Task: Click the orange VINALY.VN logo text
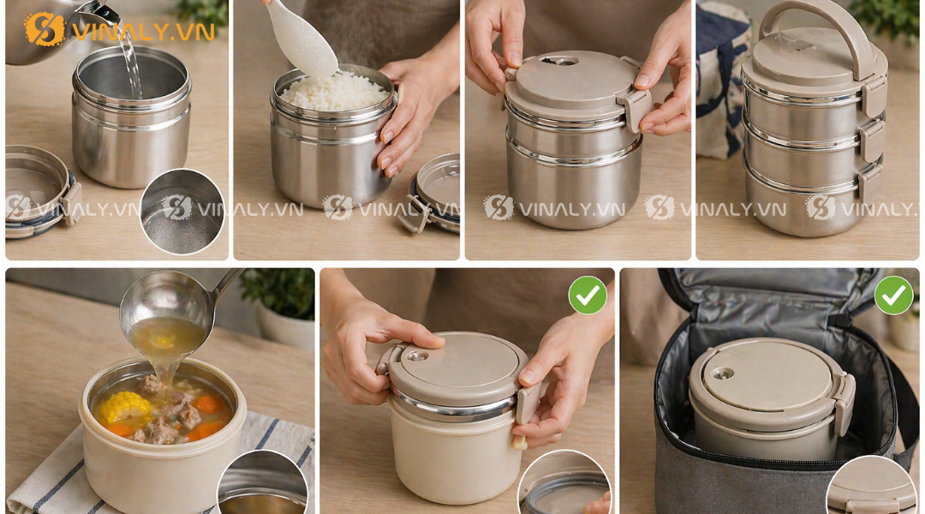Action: click(x=142, y=32)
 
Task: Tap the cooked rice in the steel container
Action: click(x=335, y=91)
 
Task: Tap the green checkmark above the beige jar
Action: click(x=588, y=295)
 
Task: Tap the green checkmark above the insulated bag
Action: click(x=893, y=295)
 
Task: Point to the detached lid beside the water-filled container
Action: click(x=39, y=193)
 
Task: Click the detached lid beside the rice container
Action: click(x=433, y=194)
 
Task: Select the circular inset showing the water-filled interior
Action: click(x=182, y=211)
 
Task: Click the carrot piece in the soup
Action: click(x=206, y=403)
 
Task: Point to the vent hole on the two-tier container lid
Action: click(x=558, y=61)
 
